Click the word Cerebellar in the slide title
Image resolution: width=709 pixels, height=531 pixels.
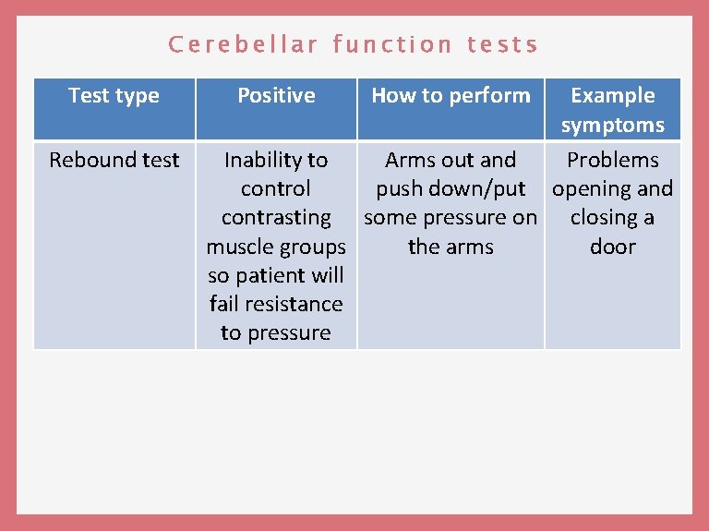(244, 44)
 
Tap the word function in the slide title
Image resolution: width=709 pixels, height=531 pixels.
(392, 44)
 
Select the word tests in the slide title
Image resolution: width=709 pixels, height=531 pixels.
(503, 44)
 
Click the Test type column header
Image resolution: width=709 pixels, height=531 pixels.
(114, 96)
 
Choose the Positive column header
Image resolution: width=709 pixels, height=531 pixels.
(276, 96)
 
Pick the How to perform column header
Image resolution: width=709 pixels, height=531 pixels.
(451, 96)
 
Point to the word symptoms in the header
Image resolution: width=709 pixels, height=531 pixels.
(613, 125)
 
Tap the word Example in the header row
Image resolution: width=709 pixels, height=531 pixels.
(613, 96)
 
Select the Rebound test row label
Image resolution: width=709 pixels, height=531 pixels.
(114, 161)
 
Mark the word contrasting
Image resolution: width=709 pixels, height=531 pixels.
(276, 218)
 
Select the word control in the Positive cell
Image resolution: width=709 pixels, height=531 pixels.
(276, 189)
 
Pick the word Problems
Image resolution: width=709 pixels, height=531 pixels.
(613, 161)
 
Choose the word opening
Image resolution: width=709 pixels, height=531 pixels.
(593, 189)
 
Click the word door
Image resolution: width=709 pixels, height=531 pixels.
(613, 247)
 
